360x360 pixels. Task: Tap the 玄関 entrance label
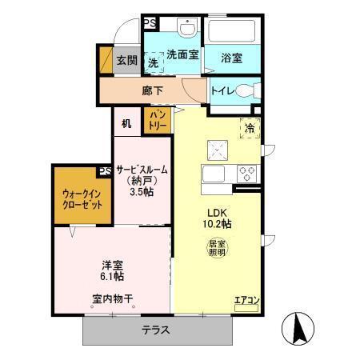click(x=126, y=60)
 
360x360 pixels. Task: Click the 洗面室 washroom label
click(x=182, y=54)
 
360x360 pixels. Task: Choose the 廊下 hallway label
click(x=152, y=90)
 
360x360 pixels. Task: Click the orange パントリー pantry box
click(x=154, y=121)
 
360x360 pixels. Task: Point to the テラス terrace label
click(x=157, y=330)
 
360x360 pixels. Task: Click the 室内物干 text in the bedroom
click(x=112, y=298)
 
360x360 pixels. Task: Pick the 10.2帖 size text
click(x=215, y=224)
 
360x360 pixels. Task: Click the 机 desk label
click(x=126, y=123)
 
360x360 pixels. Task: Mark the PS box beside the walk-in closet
click(x=105, y=171)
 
